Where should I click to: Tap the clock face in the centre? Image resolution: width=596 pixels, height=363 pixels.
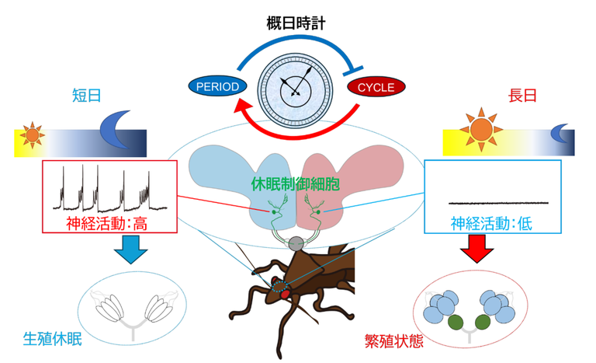click(x=295, y=85)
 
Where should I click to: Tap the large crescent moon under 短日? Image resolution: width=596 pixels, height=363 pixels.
click(x=117, y=133)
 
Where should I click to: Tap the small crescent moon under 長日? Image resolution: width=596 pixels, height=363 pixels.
click(x=560, y=134)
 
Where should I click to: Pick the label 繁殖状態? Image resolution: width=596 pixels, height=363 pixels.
click(x=394, y=340)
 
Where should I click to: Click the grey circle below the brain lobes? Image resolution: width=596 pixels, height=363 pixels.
click(x=296, y=244)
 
